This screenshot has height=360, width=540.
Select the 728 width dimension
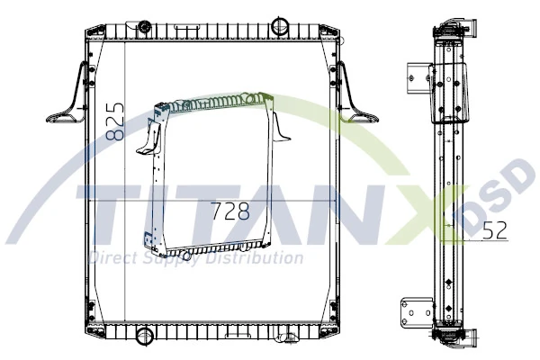coord(229,212)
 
